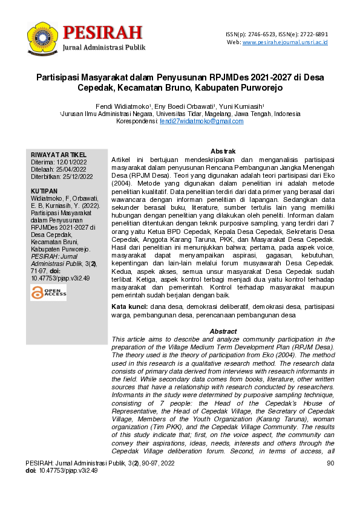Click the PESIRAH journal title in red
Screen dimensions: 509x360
pyautogui.click(x=102, y=31)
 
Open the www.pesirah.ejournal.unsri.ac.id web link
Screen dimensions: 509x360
pyautogui.click(x=285, y=42)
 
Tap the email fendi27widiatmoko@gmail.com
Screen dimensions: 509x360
pyautogui.click(x=201, y=121)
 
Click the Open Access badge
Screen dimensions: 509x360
pyautogui.click(x=48, y=293)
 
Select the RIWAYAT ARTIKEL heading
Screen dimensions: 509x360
pyautogui.click(x=54, y=155)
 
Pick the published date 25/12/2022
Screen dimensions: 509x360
pyautogui.click(x=76, y=177)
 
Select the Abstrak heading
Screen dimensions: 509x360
pyautogui.click(x=222, y=151)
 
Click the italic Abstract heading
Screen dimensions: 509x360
pyautogui.click(x=222, y=331)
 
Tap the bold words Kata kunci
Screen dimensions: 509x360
pyautogui.click(x=130, y=308)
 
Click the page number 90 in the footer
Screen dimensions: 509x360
pyautogui.click(x=330, y=463)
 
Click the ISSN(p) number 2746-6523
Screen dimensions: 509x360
pyautogui.click(x=264, y=34)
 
